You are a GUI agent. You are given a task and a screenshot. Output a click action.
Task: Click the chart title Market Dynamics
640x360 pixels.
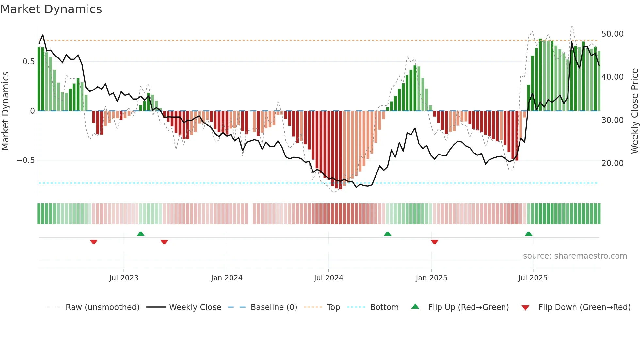pyautogui.click(x=51, y=9)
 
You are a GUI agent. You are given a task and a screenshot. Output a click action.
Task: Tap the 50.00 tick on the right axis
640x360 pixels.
pyautogui.click(x=612, y=34)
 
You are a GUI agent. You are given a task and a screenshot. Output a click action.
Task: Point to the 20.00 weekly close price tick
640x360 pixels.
pyautogui.click(x=612, y=163)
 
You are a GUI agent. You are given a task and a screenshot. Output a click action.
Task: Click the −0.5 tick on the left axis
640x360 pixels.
pyautogui.click(x=25, y=160)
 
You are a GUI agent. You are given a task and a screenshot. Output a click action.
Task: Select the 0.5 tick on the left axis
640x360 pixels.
pyautogui.click(x=28, y=62)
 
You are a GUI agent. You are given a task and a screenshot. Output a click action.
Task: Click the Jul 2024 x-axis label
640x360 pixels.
pyautogui.click(x=328, y=278)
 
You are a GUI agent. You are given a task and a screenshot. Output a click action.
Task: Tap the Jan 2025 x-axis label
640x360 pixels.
pyautogui.click(x=431, y=278)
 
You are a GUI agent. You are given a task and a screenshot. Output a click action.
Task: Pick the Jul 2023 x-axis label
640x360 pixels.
pyautogui.click(x=123, y=278)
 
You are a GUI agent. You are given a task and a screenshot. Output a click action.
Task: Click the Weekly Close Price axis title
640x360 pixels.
pyautogui.click(x=634, y=111)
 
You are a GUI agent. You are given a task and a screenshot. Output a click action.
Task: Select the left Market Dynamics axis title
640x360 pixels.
pyautogui.click(x=5, y=111)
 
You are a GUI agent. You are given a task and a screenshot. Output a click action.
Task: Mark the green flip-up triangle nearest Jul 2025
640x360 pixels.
pyautogui.click(x=528, y=234)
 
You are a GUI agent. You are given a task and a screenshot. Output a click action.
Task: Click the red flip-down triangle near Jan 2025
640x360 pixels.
pyautogui.click(x=434, y=242)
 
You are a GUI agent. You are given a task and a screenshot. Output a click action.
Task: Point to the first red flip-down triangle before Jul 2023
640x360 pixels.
pyautogui.click(x=94, y=242)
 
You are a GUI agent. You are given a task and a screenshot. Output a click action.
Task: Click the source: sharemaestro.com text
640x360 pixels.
pyautogui.click(x=575, y=256)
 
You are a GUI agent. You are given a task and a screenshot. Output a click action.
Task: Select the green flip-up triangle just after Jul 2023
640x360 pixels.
pyautogui.click(x=141, y=234)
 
